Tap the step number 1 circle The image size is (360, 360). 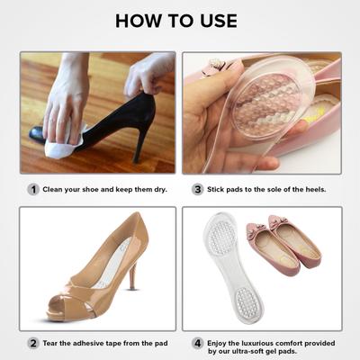[x=33, y=190]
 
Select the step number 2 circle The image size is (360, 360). [x=33, y=343]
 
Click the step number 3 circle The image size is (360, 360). [x=197, y=190]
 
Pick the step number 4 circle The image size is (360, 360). [x=197, y=343]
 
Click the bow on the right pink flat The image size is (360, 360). [x=306, y=224]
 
